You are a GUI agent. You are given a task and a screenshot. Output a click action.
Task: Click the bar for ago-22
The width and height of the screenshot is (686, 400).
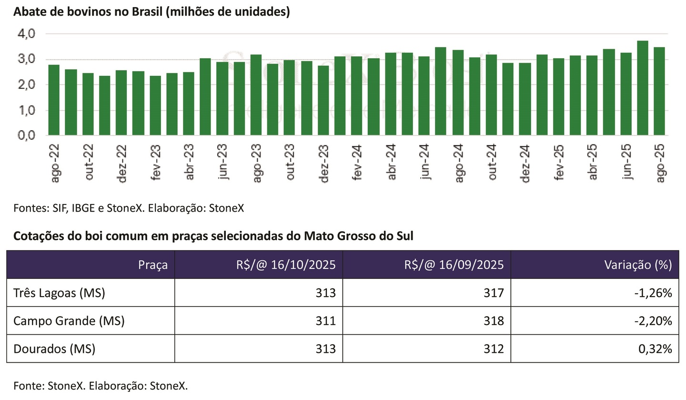point(54,100)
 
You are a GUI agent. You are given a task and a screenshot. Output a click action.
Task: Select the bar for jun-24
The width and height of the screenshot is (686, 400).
point(424,96)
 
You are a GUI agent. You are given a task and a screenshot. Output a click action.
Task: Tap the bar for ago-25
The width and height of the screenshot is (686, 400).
point(659,91)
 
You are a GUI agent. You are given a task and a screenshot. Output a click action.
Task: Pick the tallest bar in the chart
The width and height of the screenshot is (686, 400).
point(642,88)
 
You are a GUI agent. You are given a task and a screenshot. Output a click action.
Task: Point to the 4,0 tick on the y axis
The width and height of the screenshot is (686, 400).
point(27,34)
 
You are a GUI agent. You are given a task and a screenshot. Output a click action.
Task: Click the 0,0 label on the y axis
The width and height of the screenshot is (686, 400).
point(27,135)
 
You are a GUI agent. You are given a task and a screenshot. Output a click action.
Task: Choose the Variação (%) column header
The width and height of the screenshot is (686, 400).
point(638,265)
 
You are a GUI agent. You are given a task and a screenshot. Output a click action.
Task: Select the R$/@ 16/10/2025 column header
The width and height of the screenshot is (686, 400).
point(285,265)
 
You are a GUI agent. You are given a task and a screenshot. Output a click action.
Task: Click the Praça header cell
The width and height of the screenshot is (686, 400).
point(153,265)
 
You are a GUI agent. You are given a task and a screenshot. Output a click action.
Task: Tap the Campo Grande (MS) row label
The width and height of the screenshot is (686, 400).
point(69,321)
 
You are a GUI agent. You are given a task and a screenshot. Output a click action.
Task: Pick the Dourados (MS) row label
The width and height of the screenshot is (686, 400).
point(54,349)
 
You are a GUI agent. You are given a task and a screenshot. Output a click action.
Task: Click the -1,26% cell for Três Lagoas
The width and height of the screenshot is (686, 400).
point(653,293)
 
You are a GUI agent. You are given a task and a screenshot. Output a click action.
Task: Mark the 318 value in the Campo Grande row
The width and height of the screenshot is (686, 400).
point(494,321)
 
